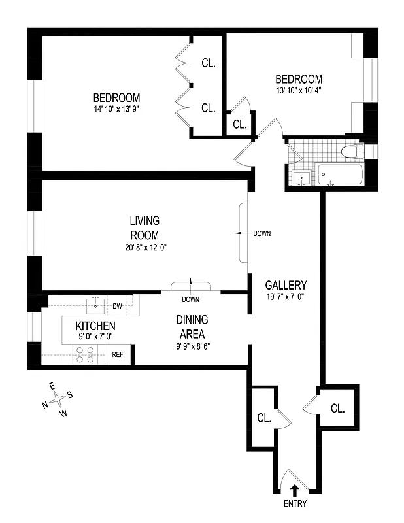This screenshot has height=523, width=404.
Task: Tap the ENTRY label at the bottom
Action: pyautogui.click(x=295, y=504)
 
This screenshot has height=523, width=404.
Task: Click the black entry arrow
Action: pyautogui.click(x=295, y=488)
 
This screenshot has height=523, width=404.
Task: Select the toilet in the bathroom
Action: pyautogui.click(x=350, y=152)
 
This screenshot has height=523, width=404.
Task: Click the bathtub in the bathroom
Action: pyautogui.click(x=340, y=175)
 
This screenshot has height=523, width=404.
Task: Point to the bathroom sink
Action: pyautogui.click(x=301, y=177)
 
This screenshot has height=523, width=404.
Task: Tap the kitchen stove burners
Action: pyautogui.click(x=85, y=354)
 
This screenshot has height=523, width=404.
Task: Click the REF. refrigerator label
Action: pyautogui.click(x=118, y=354)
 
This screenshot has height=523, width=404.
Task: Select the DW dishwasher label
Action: pyautogui.click(x=118, y=305)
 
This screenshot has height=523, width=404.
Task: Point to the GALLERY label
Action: pyautogui.click(x=286, y=285)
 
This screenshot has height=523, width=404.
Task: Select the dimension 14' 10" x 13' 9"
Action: pyautogui.click(x=116, y=109)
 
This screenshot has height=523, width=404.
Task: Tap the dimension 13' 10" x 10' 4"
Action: pyautogui.click(x=299, y=90)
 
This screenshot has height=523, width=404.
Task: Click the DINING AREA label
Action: pyautogui.click(x=192, y=326)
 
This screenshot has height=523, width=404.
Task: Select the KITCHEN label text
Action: pyautogui.click(x=95, y=326)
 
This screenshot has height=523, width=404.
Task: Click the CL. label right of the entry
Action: pyautogui.click(x=337, y=409)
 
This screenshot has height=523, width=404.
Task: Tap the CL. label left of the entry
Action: pyautogui.click(x=264, y=417)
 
